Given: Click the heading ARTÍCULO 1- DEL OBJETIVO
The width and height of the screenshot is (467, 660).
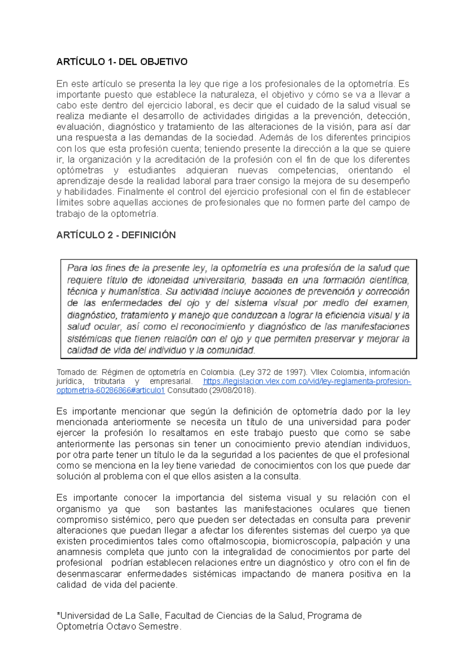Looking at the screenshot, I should pos(122,62).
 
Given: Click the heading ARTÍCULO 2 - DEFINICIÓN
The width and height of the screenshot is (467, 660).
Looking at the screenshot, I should pos(116,235).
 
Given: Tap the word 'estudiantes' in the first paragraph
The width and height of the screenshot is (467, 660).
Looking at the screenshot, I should pos(152,170).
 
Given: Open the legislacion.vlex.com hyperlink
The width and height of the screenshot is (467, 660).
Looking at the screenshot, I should pos(307,381).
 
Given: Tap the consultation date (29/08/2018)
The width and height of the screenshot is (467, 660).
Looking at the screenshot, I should pos(232,391).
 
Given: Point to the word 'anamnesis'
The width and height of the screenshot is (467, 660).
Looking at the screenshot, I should pos(79,552).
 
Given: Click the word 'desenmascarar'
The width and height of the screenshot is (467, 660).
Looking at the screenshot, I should pos(89,574).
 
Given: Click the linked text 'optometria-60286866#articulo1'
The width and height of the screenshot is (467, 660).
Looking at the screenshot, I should pos(111,391).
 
